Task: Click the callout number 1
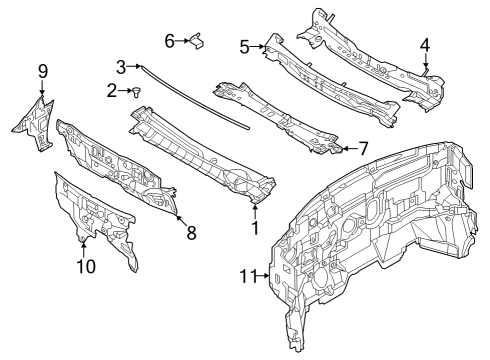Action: click(255, 227)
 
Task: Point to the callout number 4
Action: click(424, 45)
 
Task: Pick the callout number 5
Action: click(245, 46)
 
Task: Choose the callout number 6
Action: click(170, 40)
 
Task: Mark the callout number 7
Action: click(363, 148)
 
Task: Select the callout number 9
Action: click(43, 70)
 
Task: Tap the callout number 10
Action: click(85, 266)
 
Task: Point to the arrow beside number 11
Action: click(266, 275)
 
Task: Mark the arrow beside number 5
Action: click(259, 46)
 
